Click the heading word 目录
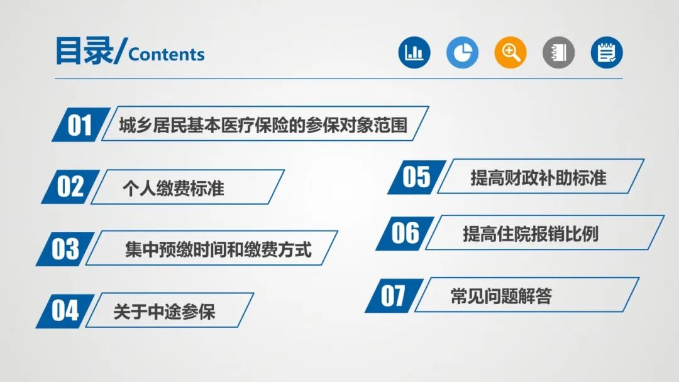[x=84, y=51]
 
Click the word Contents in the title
[x=166, y=55]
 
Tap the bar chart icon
[x=414, y=52]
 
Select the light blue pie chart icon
[x=463, y=52]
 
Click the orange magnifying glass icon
[x=511, y=52]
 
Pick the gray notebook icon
[x=559, y=52]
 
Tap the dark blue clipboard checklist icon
[x=607, y=52]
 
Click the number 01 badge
[x=80, y=124]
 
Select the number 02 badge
[x=70, y=187]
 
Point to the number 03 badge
[x=65, y=249]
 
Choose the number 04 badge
[x=65, y=311]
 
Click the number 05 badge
[x=417, y=177]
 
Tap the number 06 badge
[x=406, y=233]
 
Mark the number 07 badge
[x=394, y=296]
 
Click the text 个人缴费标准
[x=174, y=188]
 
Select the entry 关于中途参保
[x=164, y=312]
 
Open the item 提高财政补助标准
[x=538, y=178]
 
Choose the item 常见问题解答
[x=501, y=297]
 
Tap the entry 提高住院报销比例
[x=531, y=234]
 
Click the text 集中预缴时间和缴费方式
[x=218, y=249]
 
